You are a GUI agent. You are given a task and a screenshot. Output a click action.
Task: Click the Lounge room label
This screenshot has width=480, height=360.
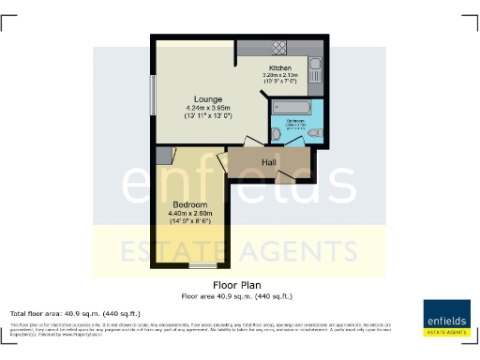click(x=207, y=98)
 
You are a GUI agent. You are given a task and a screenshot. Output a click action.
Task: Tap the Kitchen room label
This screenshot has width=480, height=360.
click(x=280, y=69)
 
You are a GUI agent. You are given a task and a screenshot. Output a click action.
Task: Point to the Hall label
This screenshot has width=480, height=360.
click(x=269, y=163)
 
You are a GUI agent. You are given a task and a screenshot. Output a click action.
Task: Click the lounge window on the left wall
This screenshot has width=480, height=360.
click(x=154, y=94)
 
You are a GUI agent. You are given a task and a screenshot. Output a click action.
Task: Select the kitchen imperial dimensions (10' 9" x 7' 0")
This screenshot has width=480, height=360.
click(x=281, y=82)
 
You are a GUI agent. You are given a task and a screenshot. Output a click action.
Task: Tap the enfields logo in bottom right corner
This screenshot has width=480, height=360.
click(x=446, y=317)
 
